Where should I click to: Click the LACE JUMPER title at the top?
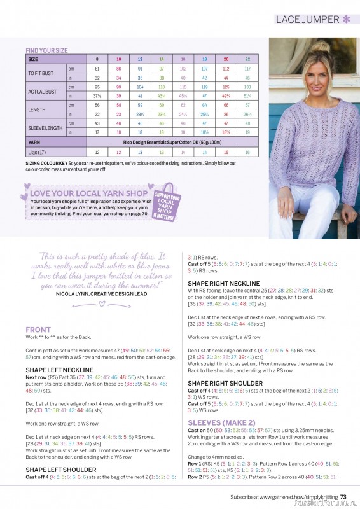pyautogui.click(x=307, y=19)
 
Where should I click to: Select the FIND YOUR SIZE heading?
pyautogui.click(x=46, y=50)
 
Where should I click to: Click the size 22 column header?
pyautogui.click(x=247, y=59)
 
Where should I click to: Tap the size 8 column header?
pyautogui.click(x=97, y=59)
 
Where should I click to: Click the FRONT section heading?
pyautogui.click(x=38, y=330)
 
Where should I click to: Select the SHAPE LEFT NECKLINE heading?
pyautogui.click(x=59, y=369)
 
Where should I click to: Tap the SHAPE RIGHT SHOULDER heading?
pyautogui.click(x=225, y=383)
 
